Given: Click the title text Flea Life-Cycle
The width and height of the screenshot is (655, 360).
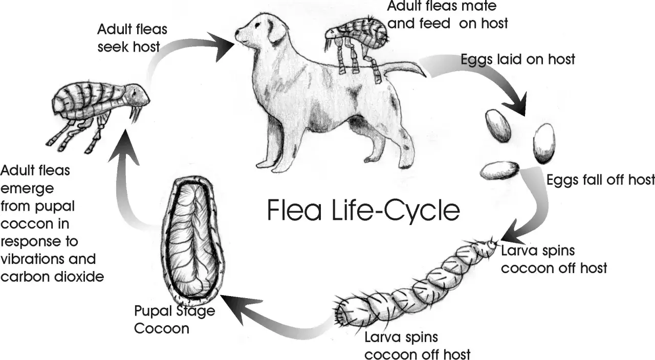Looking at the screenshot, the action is point(363,210).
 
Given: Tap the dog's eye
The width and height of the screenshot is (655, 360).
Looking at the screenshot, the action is point(257,25).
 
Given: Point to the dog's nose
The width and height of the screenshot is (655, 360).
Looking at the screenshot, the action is point(237,33).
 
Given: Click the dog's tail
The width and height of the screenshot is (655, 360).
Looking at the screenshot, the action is point(404,69).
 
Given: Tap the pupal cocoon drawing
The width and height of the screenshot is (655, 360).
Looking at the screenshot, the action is point(193,240).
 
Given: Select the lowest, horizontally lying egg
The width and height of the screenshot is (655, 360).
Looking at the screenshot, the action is point(499,170).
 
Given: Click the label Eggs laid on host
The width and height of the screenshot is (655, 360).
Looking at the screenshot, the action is point(517,59).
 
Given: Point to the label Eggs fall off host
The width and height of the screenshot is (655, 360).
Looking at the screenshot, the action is point(600,179).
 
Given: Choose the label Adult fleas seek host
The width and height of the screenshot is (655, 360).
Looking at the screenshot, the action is point(132,38).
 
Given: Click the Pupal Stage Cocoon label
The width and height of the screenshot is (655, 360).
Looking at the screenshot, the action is point(174,320).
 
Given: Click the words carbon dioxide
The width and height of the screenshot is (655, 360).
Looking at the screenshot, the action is point(52,277).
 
